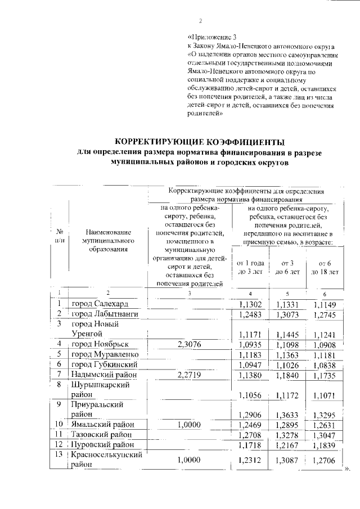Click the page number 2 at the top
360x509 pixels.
[x=200, y=21]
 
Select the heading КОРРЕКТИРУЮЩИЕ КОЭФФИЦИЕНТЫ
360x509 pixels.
[x=199, y=141]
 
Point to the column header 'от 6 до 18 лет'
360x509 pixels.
[x=324, y=267]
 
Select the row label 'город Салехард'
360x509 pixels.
[x=100, y=304]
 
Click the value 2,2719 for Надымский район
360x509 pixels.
[x=189, y=374]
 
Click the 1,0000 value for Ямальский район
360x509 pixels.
[x=189, y=424]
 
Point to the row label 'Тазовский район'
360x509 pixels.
[x=102, y=434]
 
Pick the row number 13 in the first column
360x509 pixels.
[x=58, y=454]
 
